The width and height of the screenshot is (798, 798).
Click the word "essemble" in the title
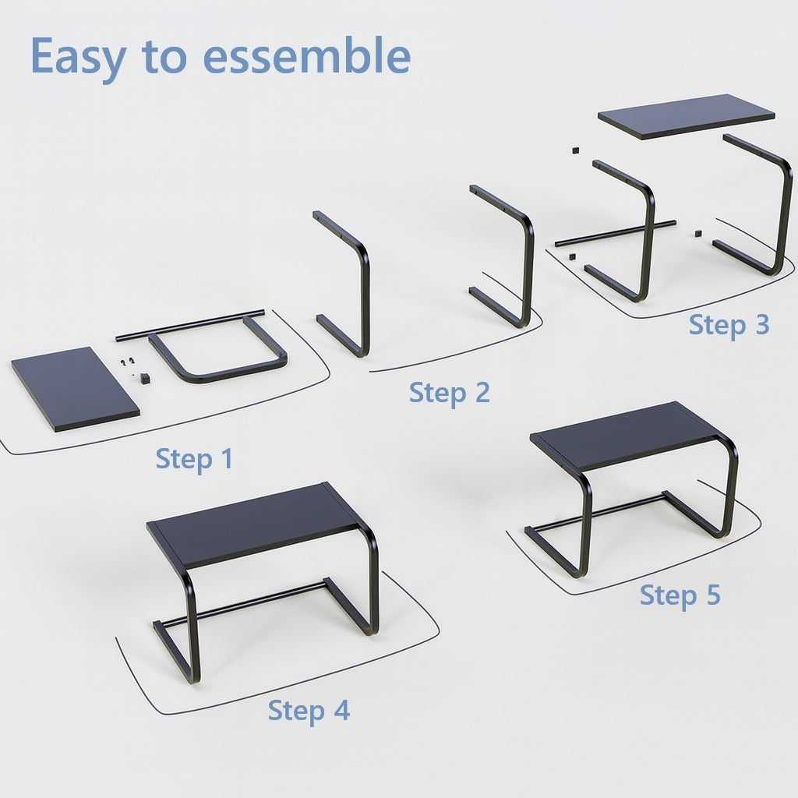tap(306, 56)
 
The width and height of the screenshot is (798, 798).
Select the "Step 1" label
tap(194, 459)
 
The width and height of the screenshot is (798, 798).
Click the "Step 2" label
tap(450, 394)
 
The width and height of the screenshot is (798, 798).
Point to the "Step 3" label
tap(729, 325)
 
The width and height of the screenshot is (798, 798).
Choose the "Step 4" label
tap(309, 711)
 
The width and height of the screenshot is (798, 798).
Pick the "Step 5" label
tap(680, 595)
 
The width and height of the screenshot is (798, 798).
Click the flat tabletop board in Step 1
tap(76, 389)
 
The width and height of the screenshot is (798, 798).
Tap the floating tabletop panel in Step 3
tap(687, 116)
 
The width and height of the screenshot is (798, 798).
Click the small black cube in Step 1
tap(145, 378)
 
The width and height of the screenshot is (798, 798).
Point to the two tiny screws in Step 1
tap(127, 362)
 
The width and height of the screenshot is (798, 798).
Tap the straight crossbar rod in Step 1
tap(190, 325)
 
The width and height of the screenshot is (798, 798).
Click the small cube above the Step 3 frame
tap(576, 150)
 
